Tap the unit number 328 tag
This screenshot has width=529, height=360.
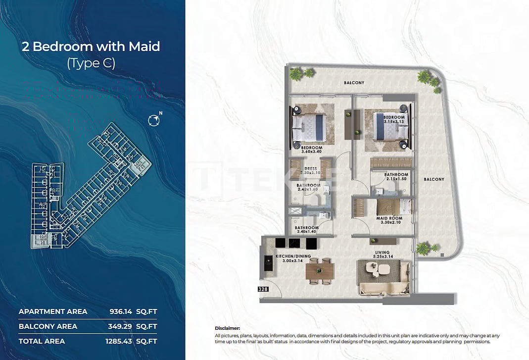pos(263,289)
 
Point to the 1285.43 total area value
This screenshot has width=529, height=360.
pos(121,341)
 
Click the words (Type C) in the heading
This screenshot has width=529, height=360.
pos(91,63)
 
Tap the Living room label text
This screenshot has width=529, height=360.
pos(382,253)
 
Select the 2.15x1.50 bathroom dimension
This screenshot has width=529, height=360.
pos(396,179)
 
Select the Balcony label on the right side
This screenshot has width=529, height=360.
pos(433,179)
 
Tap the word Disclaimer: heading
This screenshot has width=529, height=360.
pos(227,328)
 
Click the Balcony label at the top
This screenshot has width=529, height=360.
pos(354,83)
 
